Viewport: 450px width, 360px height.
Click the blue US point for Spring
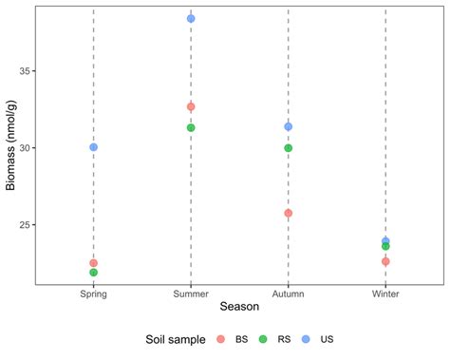point(93,147)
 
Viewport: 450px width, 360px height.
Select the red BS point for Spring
point(93,263)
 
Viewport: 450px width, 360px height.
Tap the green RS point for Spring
point(93,273)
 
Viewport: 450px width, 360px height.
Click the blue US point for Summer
point(191,18)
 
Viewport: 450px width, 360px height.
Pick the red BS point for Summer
point(191,106)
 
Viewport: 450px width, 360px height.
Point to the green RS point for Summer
point(191,127)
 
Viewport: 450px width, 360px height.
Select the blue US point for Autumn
point(288,126)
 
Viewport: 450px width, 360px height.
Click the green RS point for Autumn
point(288,147)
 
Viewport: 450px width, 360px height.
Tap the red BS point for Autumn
point(288,213)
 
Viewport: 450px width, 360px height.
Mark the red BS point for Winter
point(385,261)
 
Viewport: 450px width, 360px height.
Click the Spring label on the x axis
point(93,294)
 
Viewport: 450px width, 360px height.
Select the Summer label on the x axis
point(191,294)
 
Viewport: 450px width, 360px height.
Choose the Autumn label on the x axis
point(288,294)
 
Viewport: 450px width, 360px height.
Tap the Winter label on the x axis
point(385,294)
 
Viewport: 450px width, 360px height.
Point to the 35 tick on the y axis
point(26,71)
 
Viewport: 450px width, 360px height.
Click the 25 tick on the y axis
point(26,225)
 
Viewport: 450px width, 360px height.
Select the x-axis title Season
point(238,308)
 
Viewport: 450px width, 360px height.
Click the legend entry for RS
point(274,339)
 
